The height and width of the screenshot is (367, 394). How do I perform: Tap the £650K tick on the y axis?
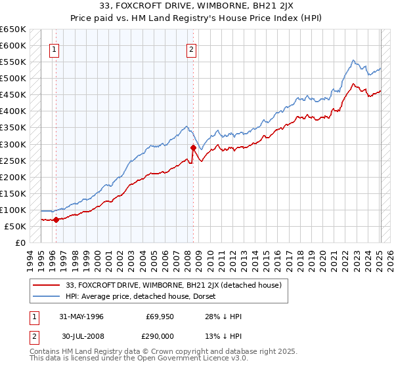pos(13,29)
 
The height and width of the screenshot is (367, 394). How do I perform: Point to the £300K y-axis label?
pos(13,144)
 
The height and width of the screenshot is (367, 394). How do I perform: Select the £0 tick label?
pos(20,242)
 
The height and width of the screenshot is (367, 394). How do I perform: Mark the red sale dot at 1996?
pos(56,220)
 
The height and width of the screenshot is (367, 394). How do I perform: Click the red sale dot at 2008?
pos(193,147)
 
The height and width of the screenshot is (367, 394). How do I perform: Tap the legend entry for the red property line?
pos(173,285)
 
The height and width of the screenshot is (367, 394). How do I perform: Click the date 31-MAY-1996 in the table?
pos(81,316)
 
